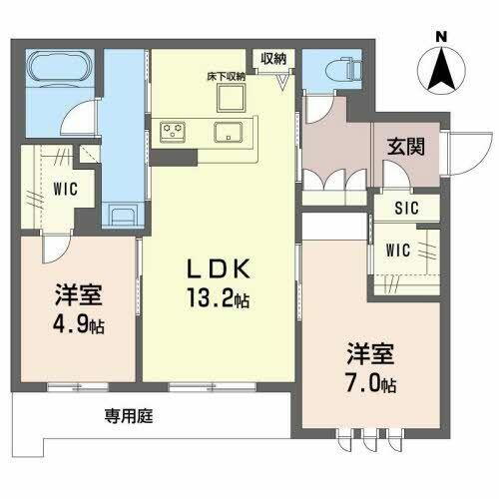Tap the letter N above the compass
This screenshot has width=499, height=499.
click(442, 37)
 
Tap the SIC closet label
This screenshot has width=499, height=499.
click(405, 209)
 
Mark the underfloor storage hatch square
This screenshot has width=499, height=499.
click(233, 97)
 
